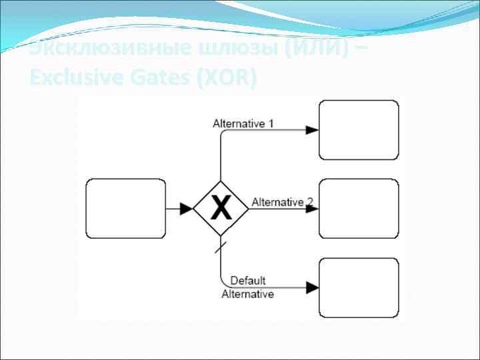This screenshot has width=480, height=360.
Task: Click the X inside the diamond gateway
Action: click(x=221, y=209)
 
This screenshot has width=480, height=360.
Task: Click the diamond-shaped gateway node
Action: click(x=221, y=193)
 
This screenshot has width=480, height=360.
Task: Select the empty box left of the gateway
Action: click(x=126, y=209)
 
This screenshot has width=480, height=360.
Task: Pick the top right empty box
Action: click(x=359, y=130)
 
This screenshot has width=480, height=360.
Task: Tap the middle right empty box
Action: click(x=359, y=209)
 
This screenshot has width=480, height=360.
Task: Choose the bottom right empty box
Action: click(x=359, y=287)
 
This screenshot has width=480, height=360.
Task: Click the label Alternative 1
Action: click(x=243, y=123)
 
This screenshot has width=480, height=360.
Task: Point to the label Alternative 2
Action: click(x=282, y=202)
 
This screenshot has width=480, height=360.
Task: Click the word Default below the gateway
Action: click(x=248, y=281)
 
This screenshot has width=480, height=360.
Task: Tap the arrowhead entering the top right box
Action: click(x=312, y=130)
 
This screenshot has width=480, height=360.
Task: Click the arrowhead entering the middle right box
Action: click(x=312, y=209)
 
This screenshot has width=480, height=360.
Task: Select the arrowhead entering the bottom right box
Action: click(x=312, y=287)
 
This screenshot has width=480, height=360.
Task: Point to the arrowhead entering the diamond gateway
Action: click(x=187, y=209)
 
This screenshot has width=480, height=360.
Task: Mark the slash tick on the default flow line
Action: click(x=221, y=248)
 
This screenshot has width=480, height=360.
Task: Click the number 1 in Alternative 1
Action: click(x=271, y=123)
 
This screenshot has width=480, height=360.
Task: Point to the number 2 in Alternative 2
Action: click(x=309, y=201)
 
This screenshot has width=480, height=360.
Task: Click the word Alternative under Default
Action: click(x=247, y=294)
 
